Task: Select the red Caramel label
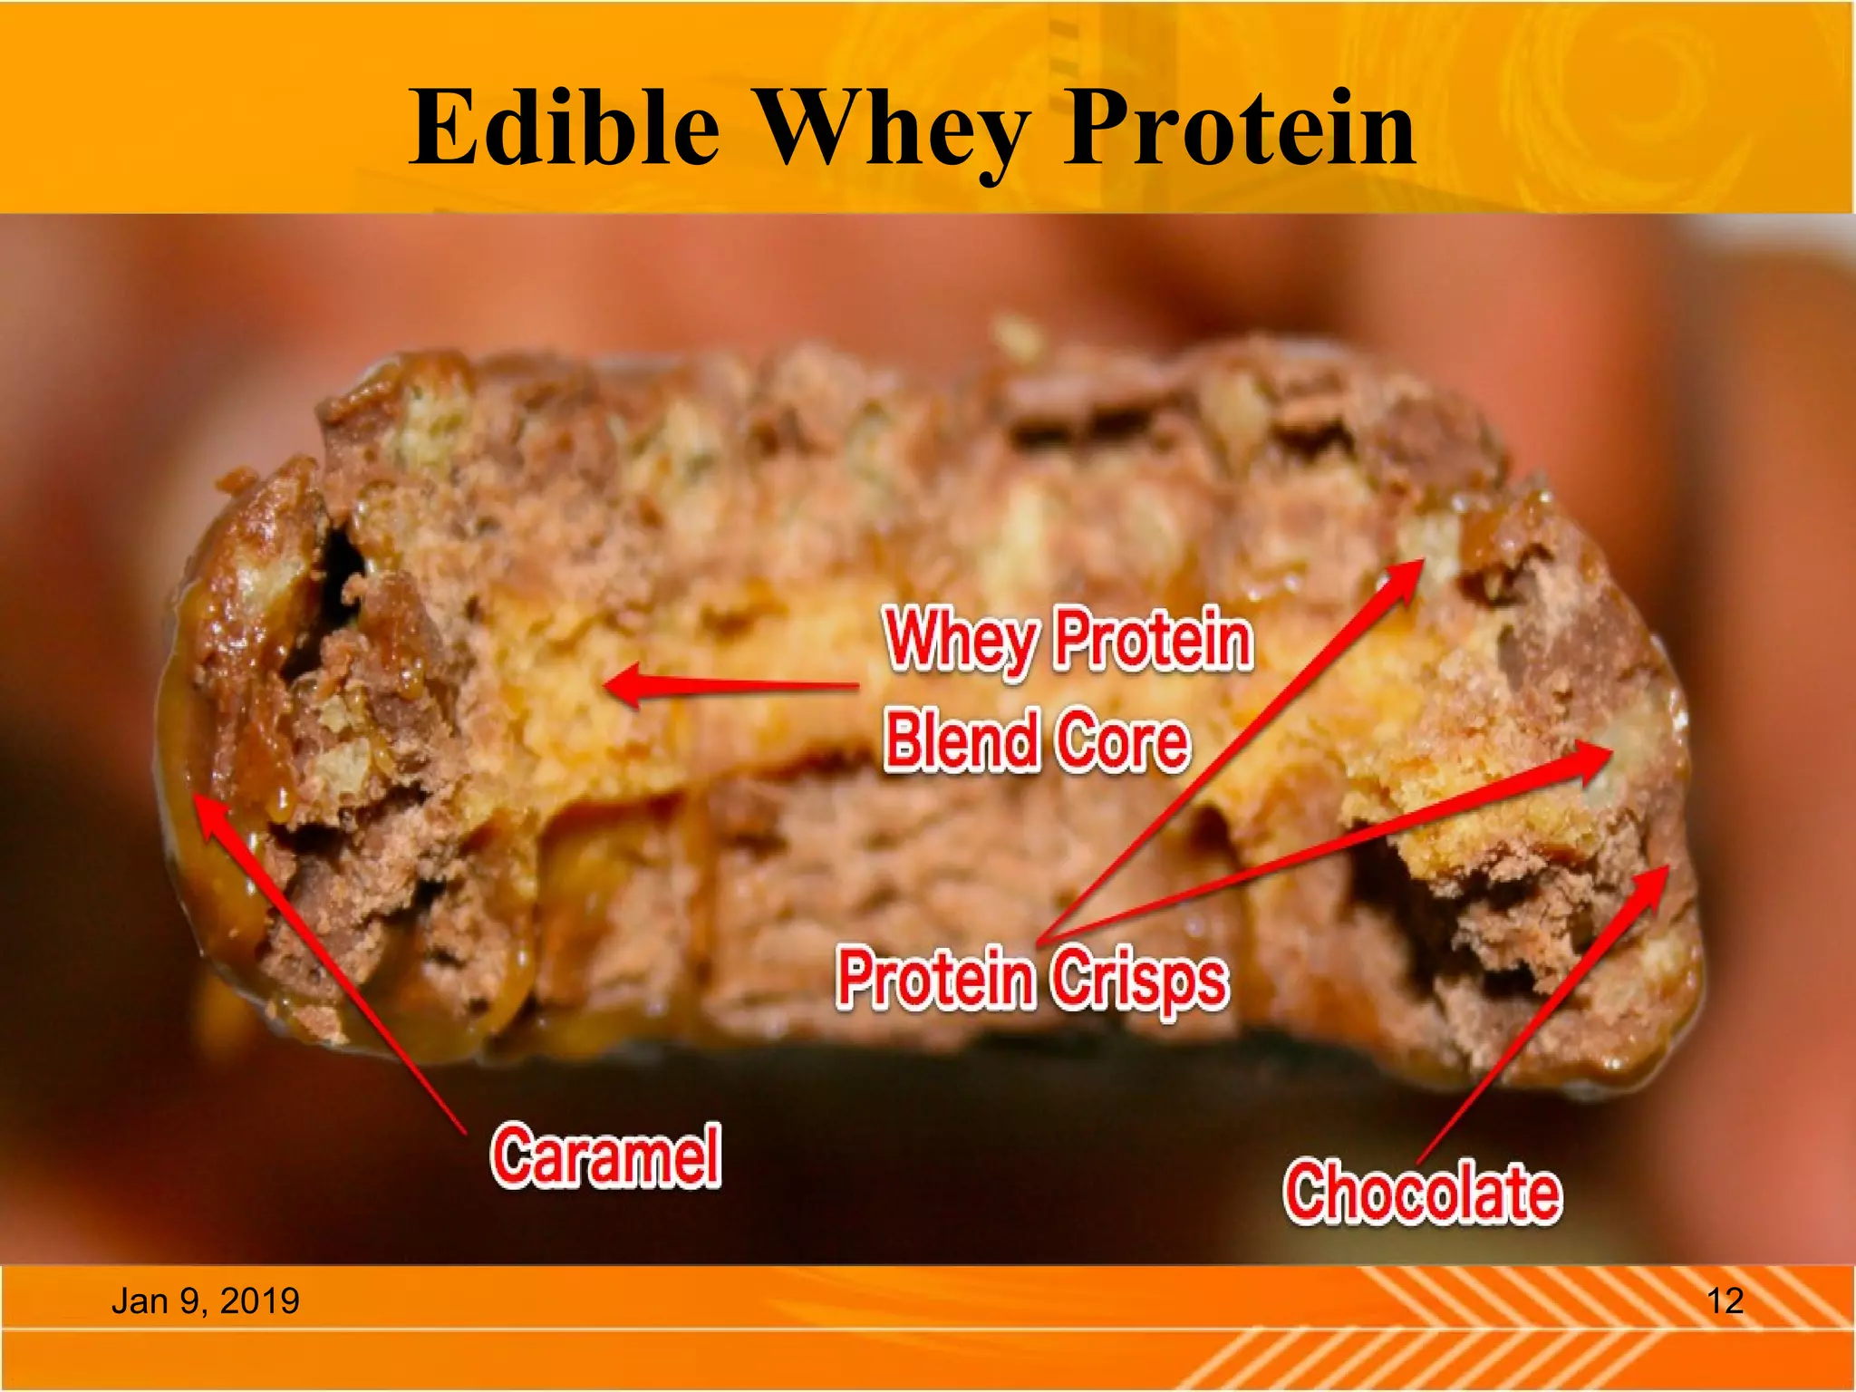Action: (x=605, y=1155)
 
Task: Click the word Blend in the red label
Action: (x=961, y=739)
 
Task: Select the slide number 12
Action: (x=1725, y=1301)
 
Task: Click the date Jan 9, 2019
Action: (x=205, y=1301)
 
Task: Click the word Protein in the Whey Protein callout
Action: (x=1154, y=640)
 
